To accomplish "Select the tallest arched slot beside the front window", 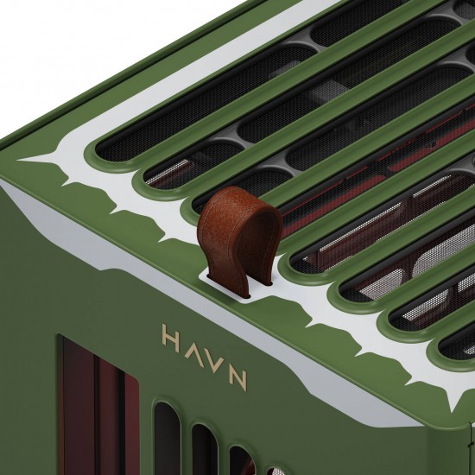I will [167, 436].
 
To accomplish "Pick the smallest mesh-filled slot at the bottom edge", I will [267, 470].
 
